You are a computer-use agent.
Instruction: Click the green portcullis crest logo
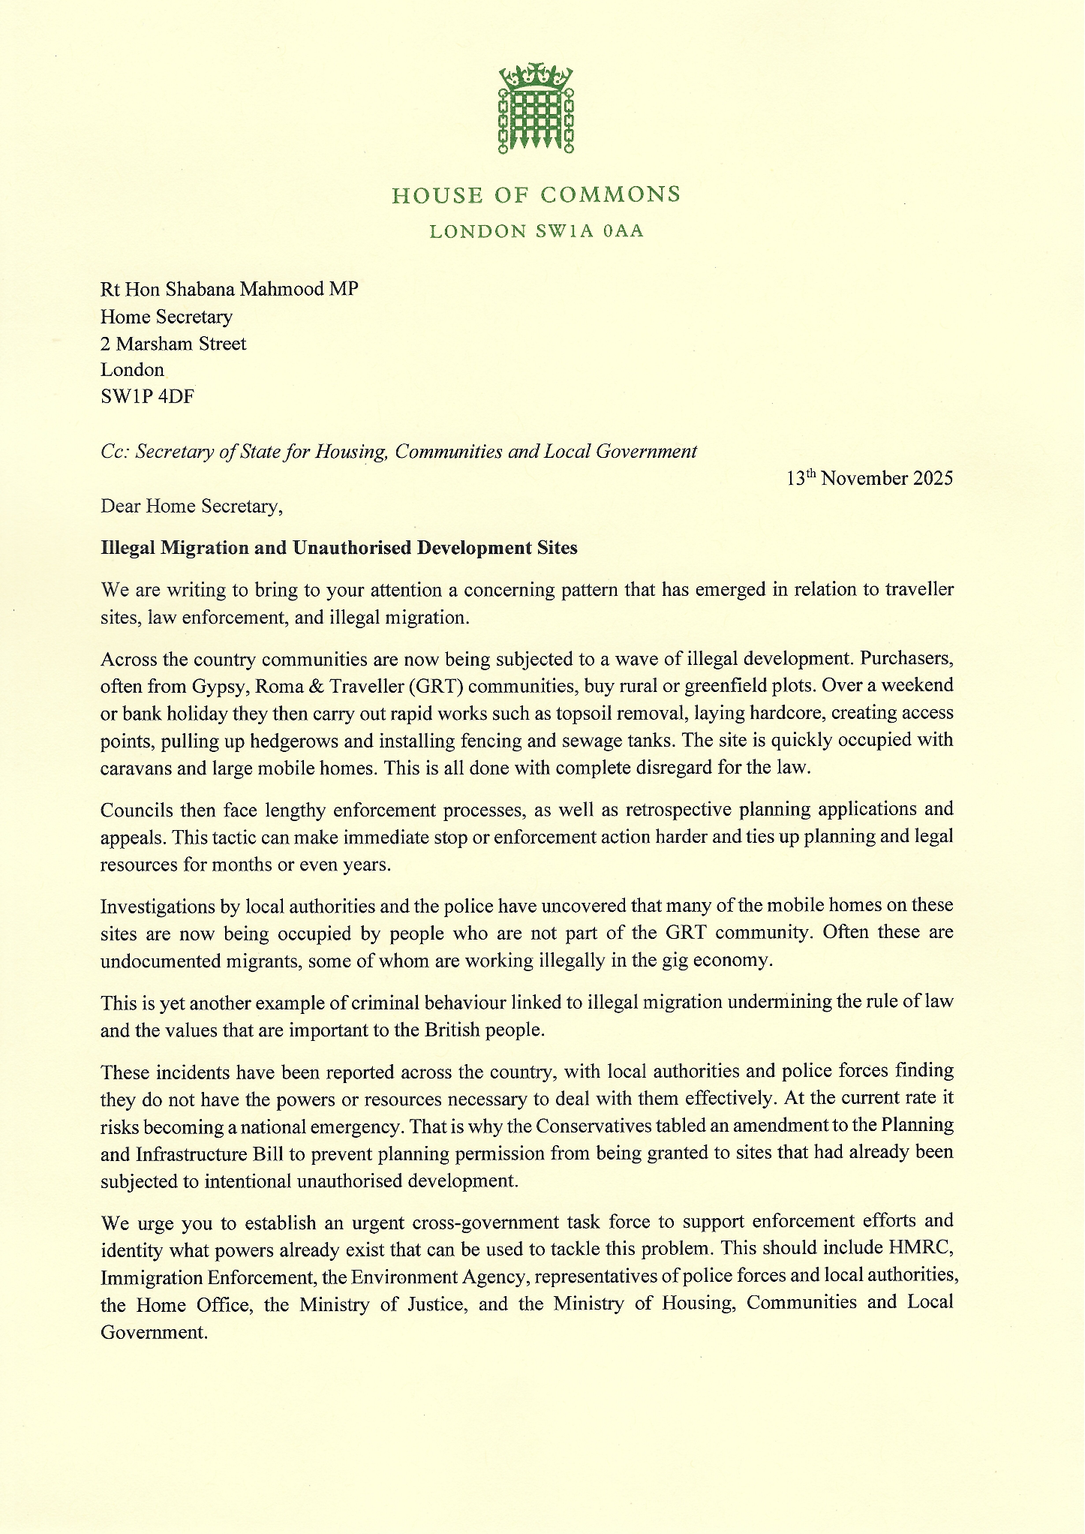point(536,109)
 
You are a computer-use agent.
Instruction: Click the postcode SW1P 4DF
point(147,396)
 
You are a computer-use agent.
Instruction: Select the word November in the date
point(864,479)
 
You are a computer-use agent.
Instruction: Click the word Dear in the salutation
point(121,507)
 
